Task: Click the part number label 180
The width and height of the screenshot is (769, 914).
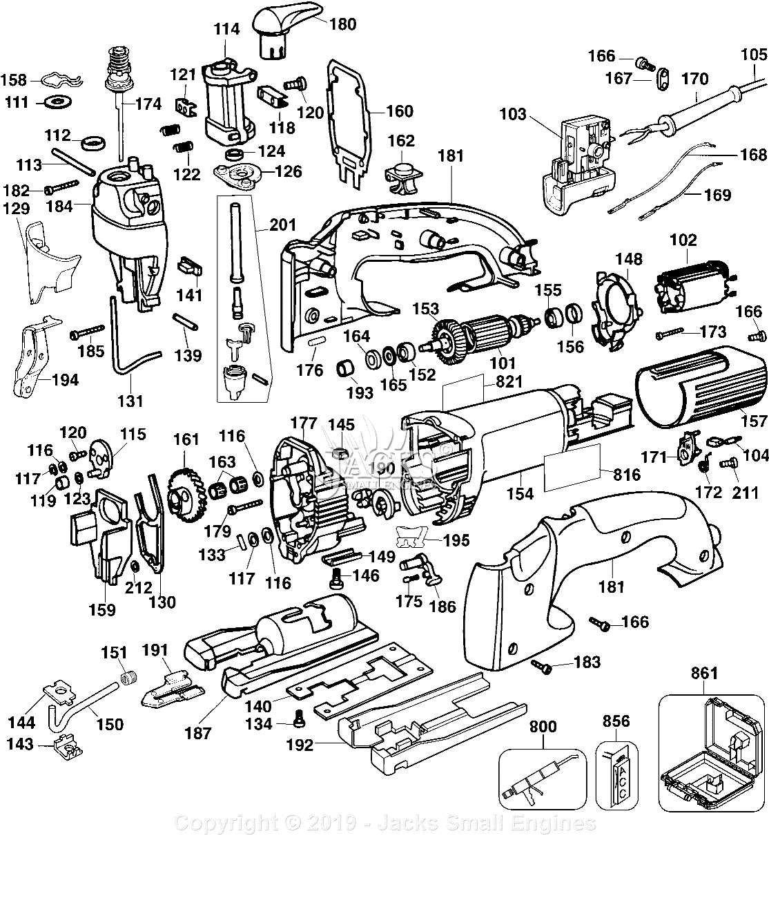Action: tap(343, 24)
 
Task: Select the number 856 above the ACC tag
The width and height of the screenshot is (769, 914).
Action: tap(616, 721)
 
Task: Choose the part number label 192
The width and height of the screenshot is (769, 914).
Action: tap(300, 745)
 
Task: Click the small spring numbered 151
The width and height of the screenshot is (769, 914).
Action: tap(127, 678)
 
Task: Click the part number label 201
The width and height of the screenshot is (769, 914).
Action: tap(283, 225)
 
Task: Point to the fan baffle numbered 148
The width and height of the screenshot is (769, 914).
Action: tap(614, 302)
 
